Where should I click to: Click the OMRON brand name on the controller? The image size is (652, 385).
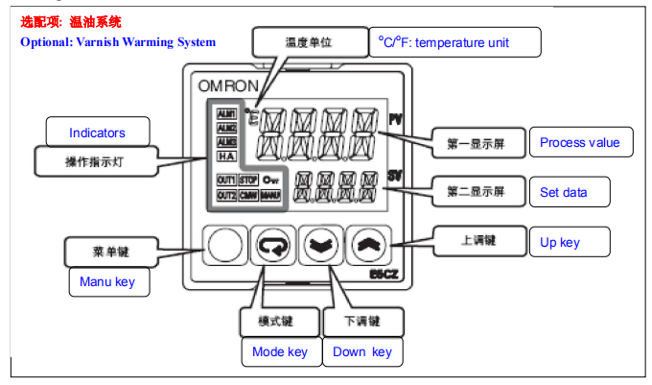click(227, 85)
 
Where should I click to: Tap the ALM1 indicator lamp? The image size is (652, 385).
click(226, 113)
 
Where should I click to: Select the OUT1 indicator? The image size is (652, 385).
click(226, 180)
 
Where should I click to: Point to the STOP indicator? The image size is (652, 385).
click(247, 180)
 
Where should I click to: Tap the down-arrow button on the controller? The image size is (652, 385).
click(317, 247)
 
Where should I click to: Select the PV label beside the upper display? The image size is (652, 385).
click(395, 120)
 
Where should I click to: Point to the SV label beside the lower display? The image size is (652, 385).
click(395, 175)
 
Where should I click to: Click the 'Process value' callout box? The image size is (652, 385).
click(580, 143)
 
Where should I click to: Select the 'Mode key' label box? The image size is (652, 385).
click(280, 352)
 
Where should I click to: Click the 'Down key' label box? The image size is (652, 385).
click(362, 352)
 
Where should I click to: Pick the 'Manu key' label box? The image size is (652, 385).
click(108, 282)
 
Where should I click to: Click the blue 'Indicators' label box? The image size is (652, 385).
click(97, 132)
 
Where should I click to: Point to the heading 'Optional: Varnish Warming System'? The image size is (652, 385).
click(118, 42)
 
